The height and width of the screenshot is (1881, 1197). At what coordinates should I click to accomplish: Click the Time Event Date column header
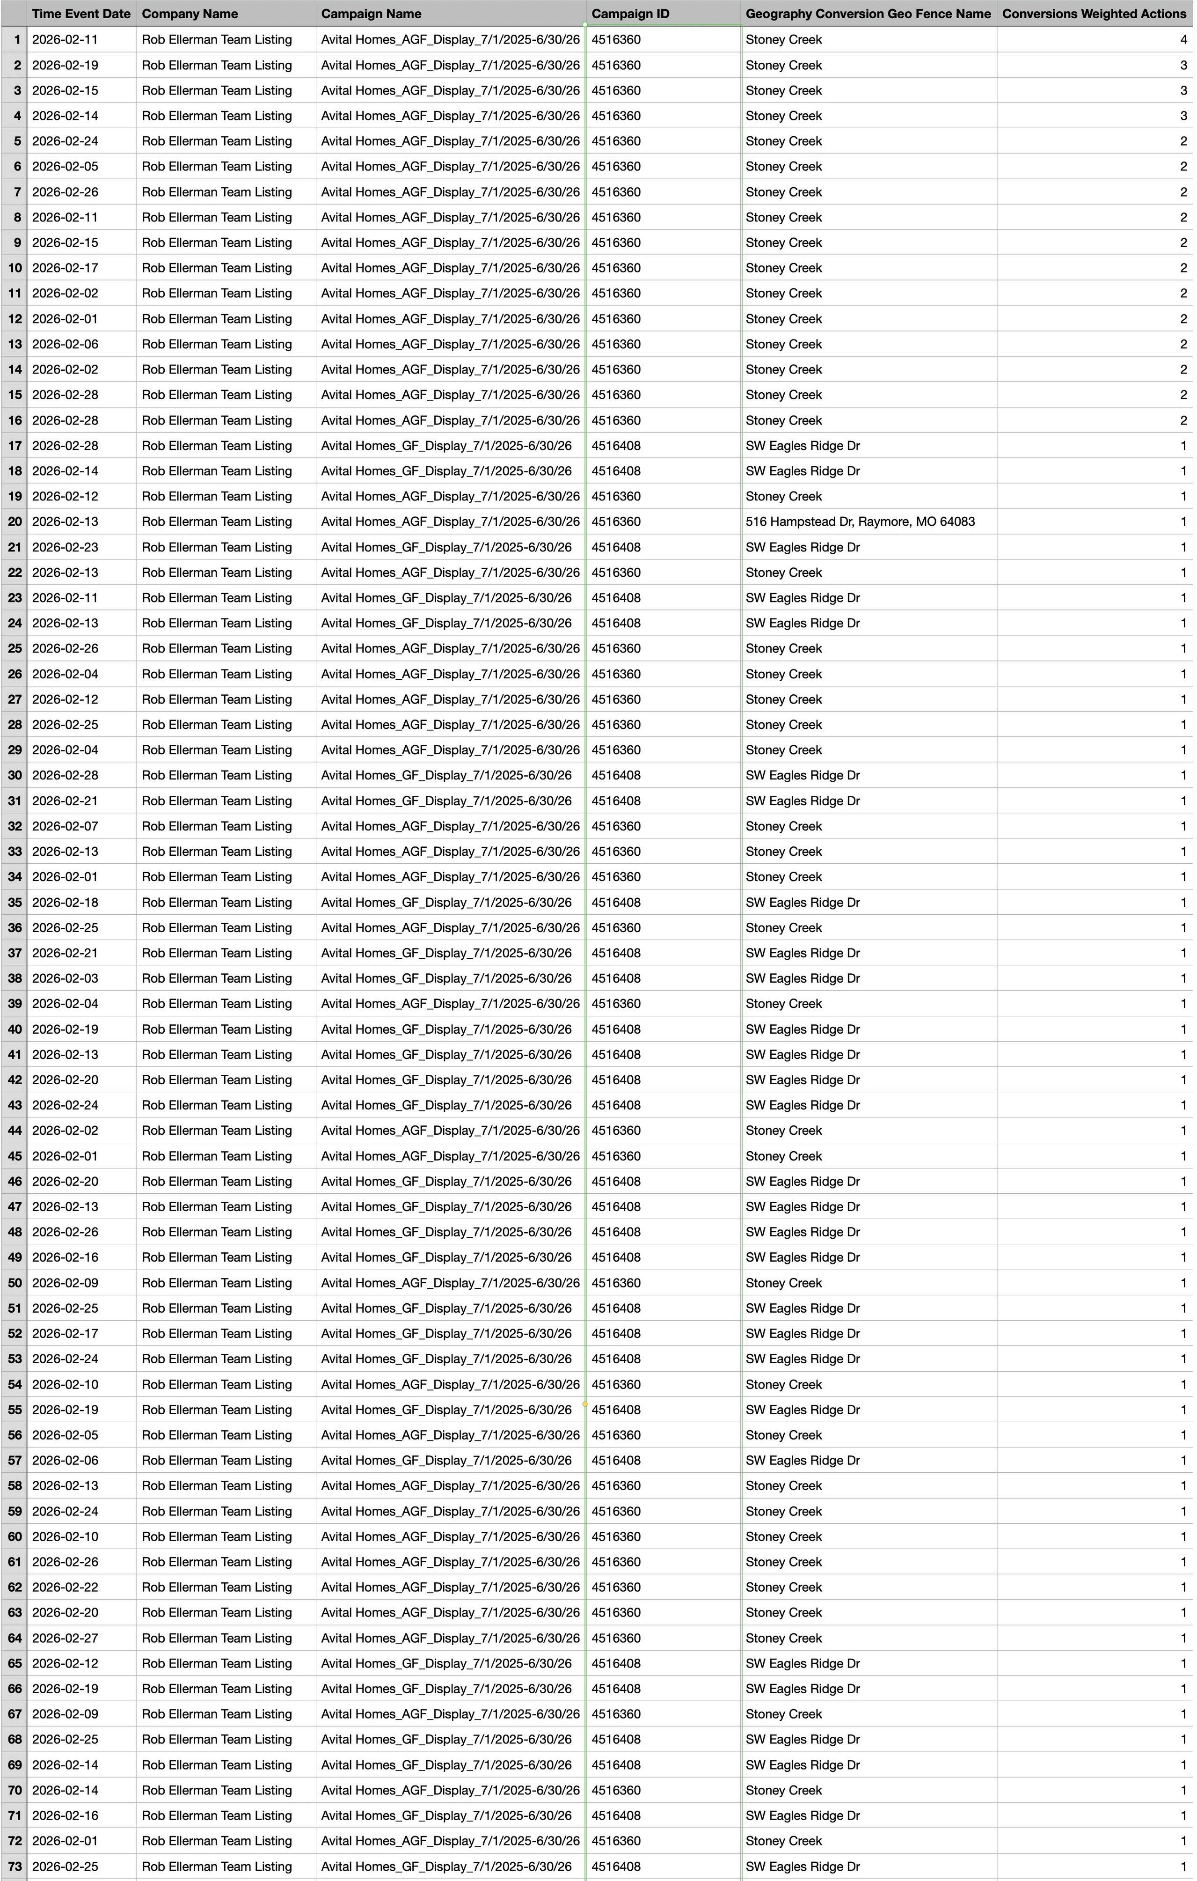pyautogui.click(x=81, y=13)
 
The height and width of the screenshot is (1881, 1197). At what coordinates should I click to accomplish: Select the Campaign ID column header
pyautogui.click(x=630, y=13)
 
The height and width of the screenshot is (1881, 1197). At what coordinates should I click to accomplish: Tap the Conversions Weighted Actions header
pyautogui.click(x=1094, y=13)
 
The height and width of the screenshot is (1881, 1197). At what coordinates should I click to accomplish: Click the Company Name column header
pyautogui.click(x=190, y=13)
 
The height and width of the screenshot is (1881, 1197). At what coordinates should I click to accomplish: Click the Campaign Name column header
pyautogui.click(x=371, y=13)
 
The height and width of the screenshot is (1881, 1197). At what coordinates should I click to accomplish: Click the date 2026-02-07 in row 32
pyautogui.click(x=66, y=826)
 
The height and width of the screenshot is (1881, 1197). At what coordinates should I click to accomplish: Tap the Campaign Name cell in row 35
pyautogui.click(x=446, y=902)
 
